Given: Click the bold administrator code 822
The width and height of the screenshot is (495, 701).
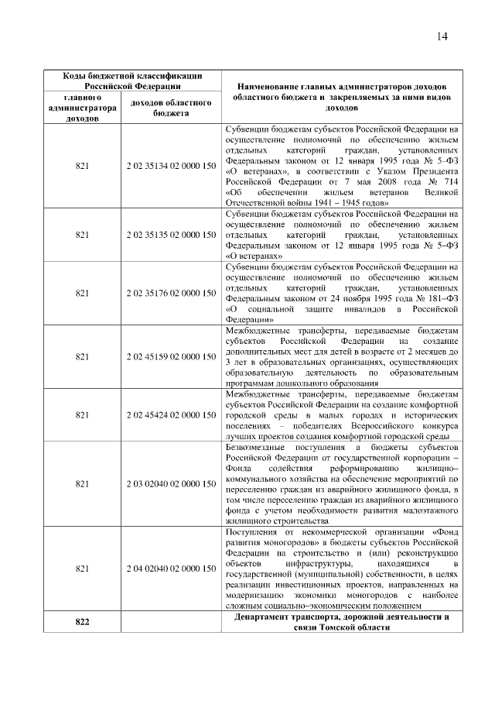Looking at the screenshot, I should click(82, 623).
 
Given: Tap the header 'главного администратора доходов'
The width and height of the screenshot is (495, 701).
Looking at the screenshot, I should click(82, 109).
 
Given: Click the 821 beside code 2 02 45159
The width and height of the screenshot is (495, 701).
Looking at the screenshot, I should click(82, 356).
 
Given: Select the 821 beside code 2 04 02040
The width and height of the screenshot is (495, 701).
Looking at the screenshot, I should click(82, 569).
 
